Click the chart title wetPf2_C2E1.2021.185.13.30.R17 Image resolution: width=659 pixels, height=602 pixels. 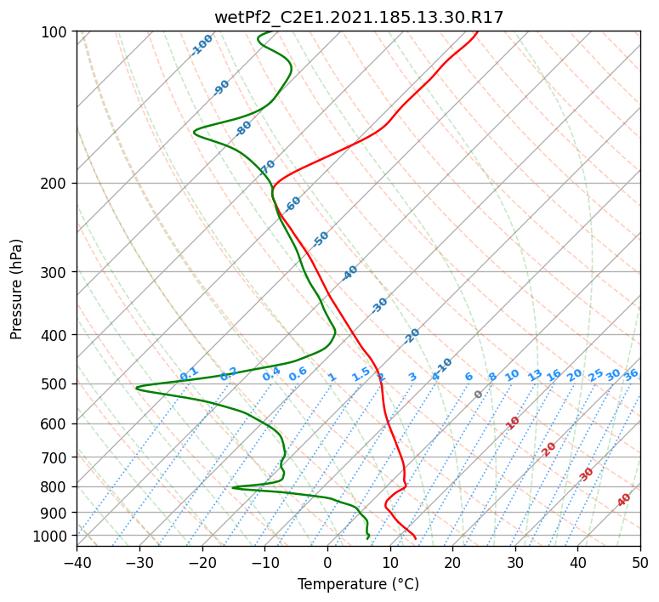(359, 18)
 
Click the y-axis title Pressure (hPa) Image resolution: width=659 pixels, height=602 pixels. (16, 289)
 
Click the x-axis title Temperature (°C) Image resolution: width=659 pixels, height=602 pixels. (359, 584)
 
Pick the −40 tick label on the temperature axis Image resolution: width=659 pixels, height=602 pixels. (77, 563)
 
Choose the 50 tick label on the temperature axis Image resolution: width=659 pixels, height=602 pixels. (640, 563)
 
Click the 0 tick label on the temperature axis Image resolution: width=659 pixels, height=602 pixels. (327, 563)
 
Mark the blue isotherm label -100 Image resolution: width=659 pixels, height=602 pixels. (202, 45)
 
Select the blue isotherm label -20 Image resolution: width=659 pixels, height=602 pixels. (412, 336)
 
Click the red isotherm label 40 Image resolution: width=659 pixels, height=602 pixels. (623, 500)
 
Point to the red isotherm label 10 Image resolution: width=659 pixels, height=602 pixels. (513, 423)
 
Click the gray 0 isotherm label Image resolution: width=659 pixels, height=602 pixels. (478, 395)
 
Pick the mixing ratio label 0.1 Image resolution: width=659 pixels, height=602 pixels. (189, 374)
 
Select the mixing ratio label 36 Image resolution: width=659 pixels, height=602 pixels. (631, 375)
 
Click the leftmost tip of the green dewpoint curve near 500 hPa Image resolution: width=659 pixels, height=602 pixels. (136, 388)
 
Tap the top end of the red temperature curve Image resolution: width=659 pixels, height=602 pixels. (477, 31)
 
